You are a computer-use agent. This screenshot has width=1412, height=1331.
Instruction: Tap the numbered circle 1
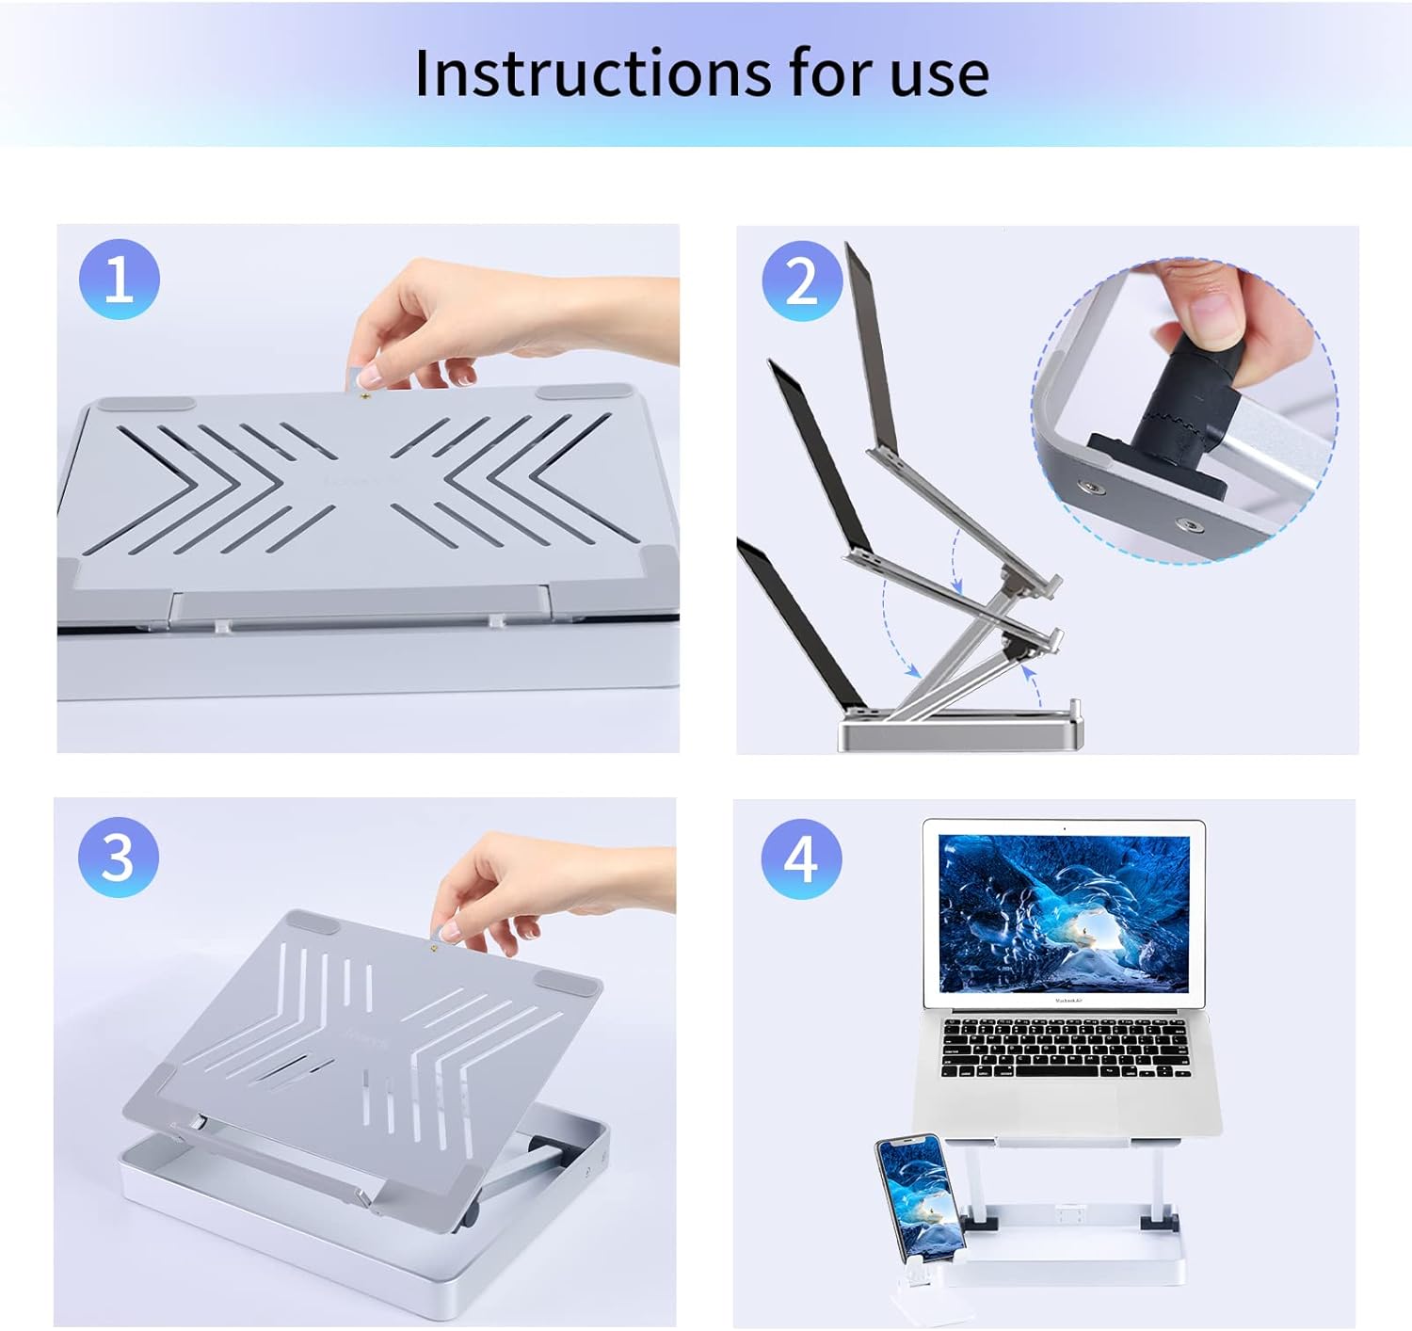tap(120, 280)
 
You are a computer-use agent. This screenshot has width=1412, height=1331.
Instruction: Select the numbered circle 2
tap(802, 281)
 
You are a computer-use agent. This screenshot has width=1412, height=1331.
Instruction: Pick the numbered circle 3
tap(118, 857)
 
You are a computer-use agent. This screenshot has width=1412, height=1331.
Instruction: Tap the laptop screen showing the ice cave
tap(1064, 913)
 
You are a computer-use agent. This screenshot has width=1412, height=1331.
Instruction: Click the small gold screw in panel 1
tap(364, 397)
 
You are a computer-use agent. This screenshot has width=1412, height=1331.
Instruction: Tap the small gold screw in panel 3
tap(434, 949)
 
